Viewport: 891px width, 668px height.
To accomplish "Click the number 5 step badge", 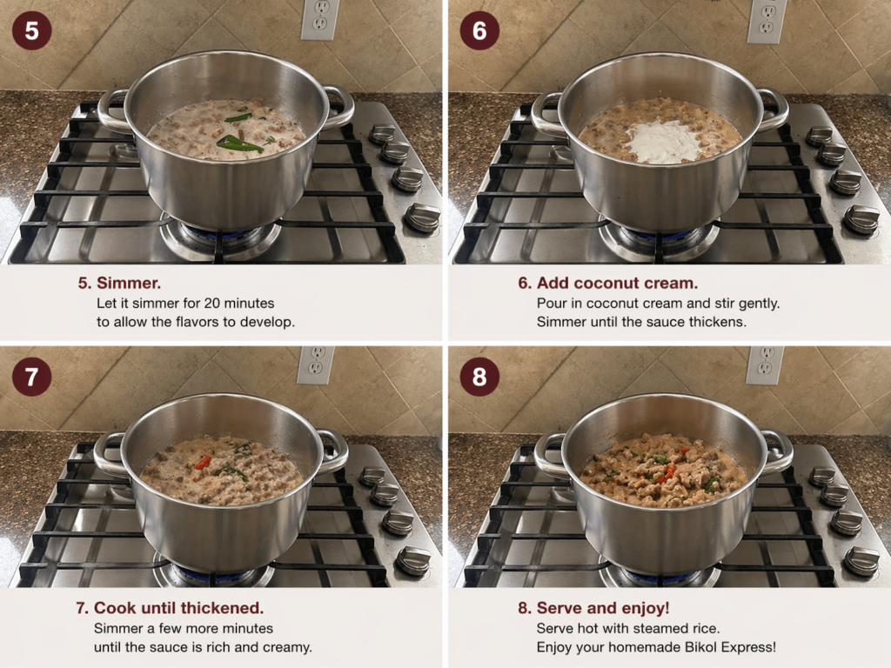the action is coord(32,30).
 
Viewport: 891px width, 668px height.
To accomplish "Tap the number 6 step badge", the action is coord(479,30).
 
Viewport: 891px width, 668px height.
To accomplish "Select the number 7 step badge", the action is coord(32,377).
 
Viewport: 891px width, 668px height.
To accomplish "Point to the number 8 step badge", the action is coord(479,377).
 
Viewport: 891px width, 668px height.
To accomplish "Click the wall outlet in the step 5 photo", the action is coord(320,19).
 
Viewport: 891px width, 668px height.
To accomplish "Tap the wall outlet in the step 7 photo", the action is coord(315,365).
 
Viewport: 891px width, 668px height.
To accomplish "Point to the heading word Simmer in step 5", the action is coord(129,283).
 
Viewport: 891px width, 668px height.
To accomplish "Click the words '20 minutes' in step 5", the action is coord(239,303).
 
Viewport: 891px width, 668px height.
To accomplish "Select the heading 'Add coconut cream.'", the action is coord(617,283).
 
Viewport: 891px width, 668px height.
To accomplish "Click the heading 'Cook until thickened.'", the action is coord(178,608).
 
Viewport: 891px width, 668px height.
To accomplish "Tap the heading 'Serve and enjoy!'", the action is coord(603,608).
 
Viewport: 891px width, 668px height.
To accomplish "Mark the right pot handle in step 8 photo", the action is coord(777,452).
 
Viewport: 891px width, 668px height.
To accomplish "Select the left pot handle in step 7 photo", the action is coord(109,454).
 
